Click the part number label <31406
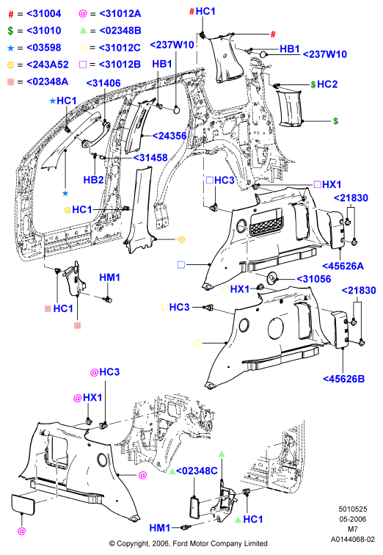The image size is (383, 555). [x=103, y=83]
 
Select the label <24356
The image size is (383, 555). [x=169, y=136]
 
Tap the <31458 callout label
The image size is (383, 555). [x=150, y=158]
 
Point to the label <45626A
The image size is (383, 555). [x=343, y=266]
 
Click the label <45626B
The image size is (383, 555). [x=343, y=379]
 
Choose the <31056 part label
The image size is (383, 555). [x=314, y=279]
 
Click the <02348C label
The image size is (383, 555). [x=197, y=471]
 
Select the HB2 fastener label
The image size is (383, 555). [x=93, y=180]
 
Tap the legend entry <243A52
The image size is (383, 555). [x=48, y=65]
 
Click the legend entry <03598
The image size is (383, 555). [x=44, y=48]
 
